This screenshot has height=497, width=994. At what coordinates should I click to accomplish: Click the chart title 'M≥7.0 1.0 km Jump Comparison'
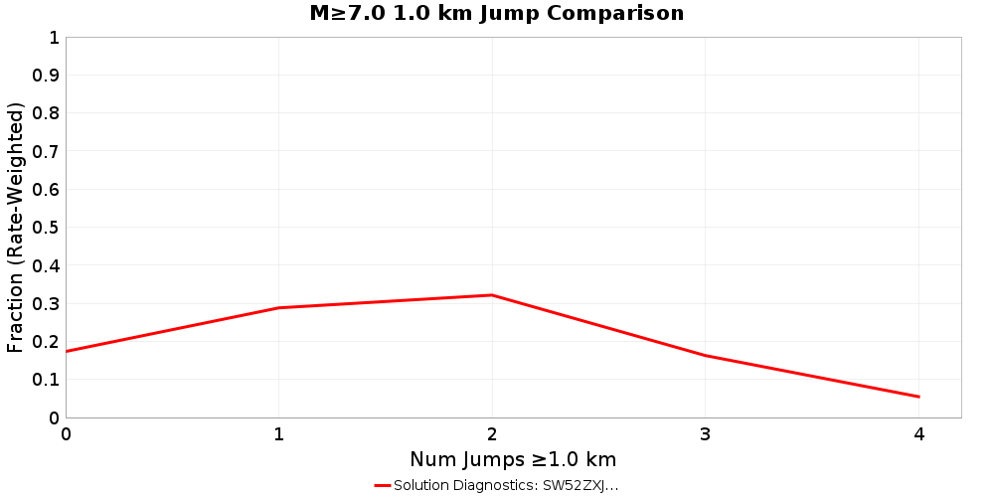pyautogui.click(x=497, y=13)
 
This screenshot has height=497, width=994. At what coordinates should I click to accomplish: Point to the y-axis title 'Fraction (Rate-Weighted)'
pyautogui.click(x=16, y=227)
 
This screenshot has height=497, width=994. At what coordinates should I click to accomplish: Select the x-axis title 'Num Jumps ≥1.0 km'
pyautogui.click(x=513, y=459)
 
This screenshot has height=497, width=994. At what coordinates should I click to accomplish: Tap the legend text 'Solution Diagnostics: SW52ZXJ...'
pyautogui.click(x=506, y=486)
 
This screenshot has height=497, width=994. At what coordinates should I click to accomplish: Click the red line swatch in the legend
pyautogui.click(x=383, y=486)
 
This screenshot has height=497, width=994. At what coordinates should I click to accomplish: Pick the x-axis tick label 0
pyautogui.click(x=66, y=434)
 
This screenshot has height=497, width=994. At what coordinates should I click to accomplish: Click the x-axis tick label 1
pyautogui.click(x=279, y=434)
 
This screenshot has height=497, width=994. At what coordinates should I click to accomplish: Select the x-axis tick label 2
pyautogui.click(x=492, y=434)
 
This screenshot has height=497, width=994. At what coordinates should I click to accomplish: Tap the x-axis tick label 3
pyautogui.click(x=706, y=434)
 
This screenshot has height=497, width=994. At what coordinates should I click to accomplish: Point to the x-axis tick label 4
pyautogui.click(x=919, y=434)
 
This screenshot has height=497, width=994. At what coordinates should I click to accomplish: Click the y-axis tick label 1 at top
pyautogui.click(x=54, y=38)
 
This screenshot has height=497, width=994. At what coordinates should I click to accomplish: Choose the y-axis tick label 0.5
pyautogui.click(x=46, y=228)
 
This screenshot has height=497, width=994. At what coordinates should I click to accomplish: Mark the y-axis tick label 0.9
pyautogui.click(x=46, y=76)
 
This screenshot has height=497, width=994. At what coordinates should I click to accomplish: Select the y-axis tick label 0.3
pyautogui.click(x=46, y=304)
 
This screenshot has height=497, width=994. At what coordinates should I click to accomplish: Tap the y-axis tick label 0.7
pyautogui.click(x=46, y=152)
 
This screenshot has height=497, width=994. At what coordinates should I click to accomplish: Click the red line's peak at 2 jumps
pyautogui.click(x=492, y=295)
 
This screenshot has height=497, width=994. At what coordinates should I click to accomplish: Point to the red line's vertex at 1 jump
pyautogui.click(x=279, y=308)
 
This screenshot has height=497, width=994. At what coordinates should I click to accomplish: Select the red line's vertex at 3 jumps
pyautogui.click(x=706, y=356)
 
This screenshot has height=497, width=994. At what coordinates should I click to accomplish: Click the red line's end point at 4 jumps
pyautogui.click(x=919, y=397)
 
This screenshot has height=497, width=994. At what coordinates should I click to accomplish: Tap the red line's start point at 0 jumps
pyautogui.click(x=67, y=352)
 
